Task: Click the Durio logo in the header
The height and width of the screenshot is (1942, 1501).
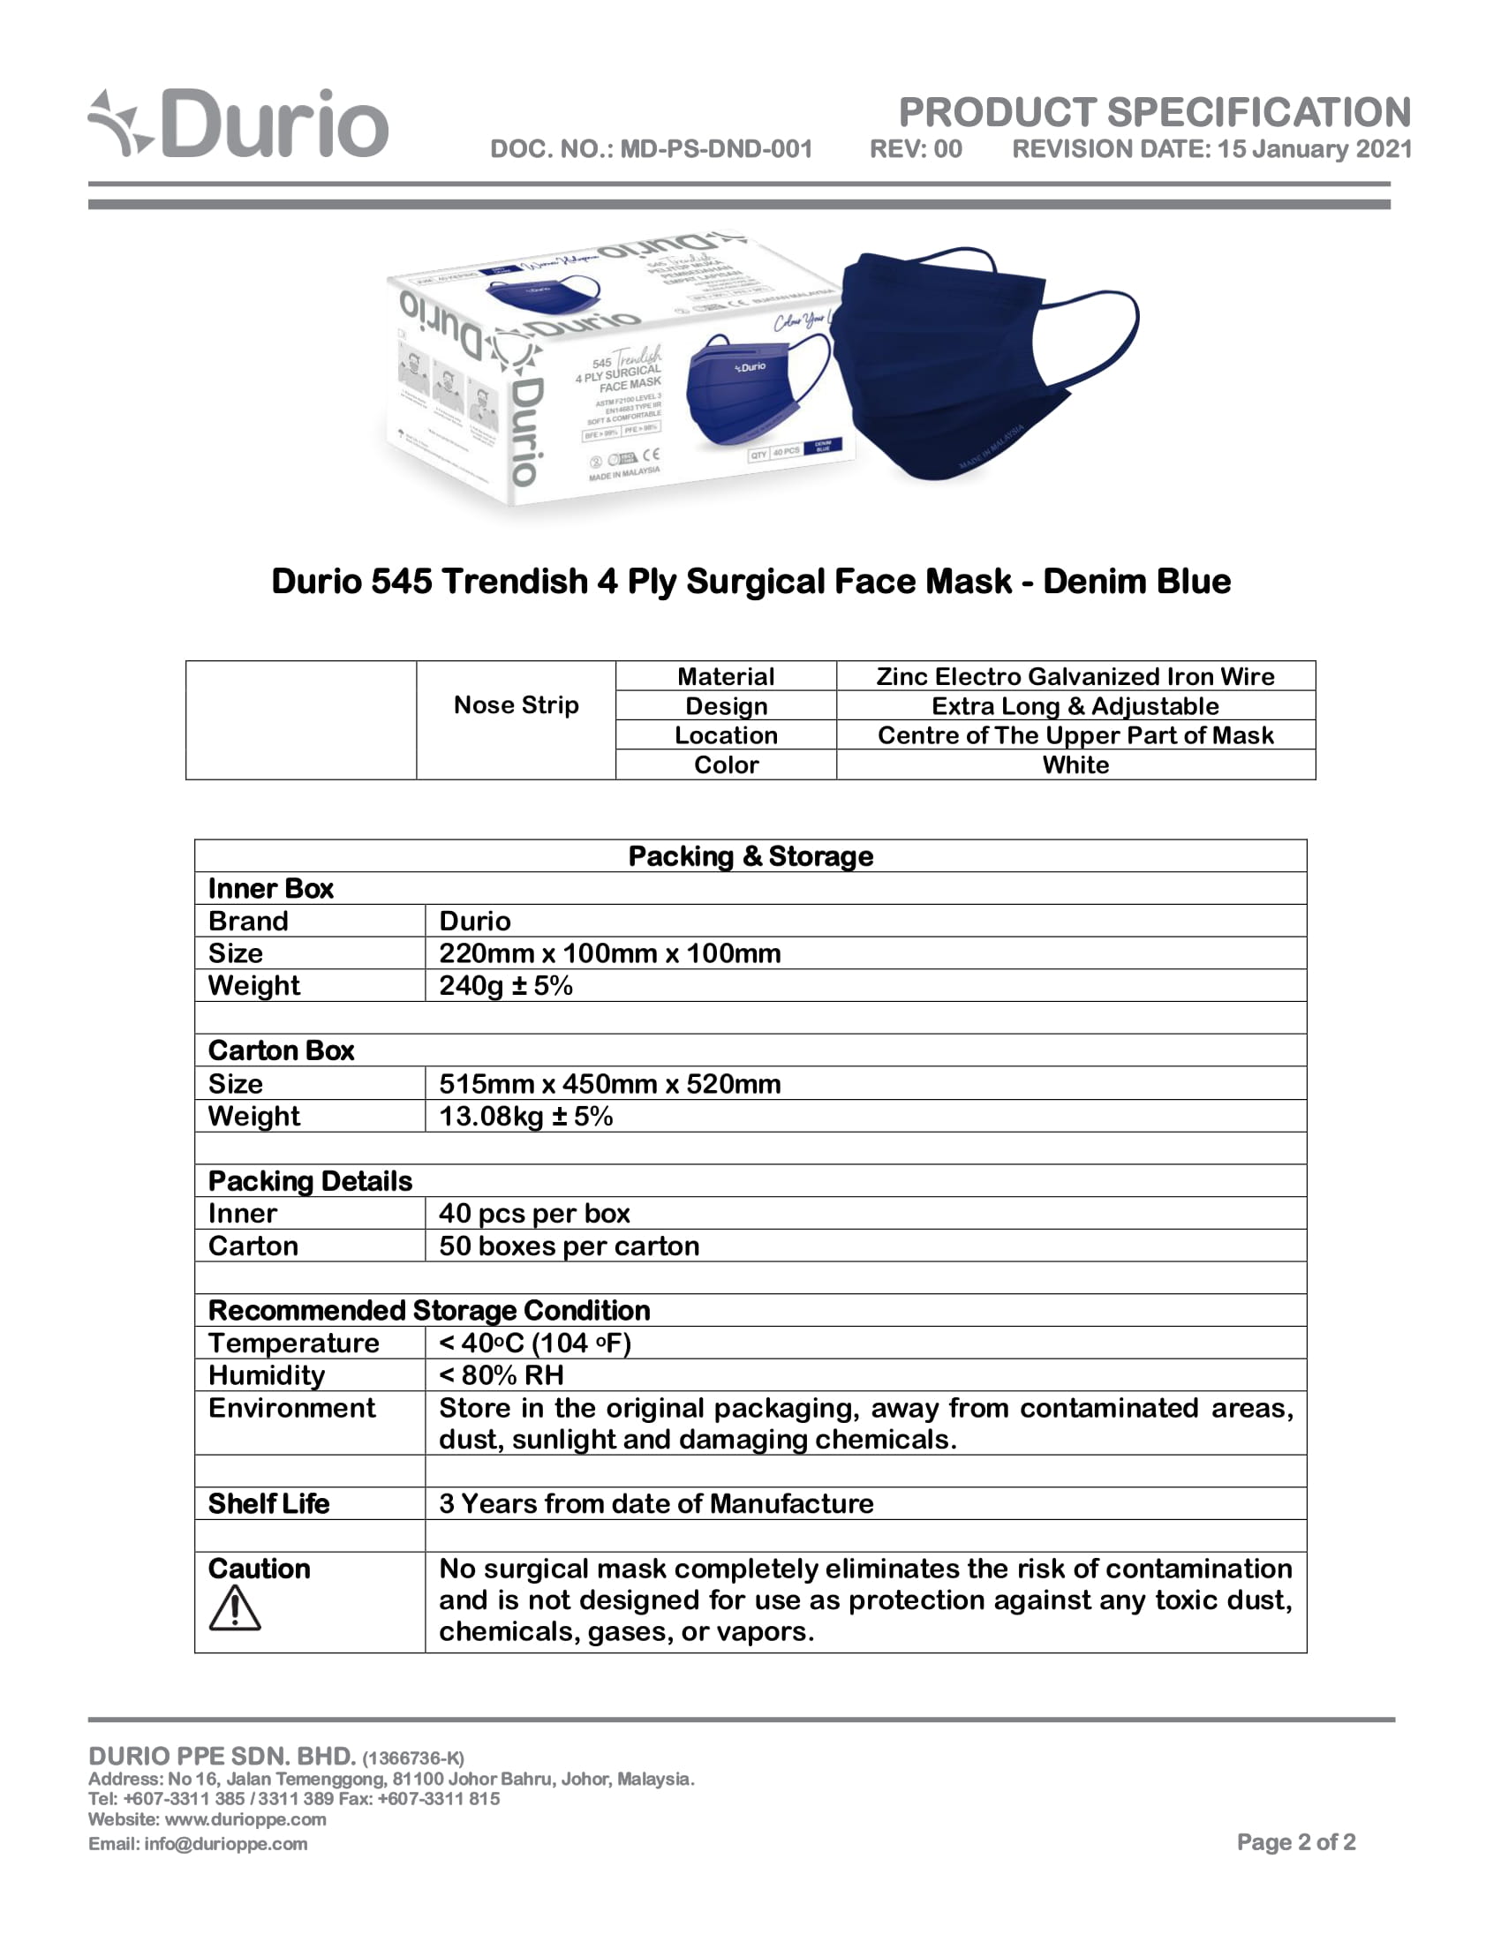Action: [238, 124]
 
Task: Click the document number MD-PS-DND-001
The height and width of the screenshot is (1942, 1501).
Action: [716, 148]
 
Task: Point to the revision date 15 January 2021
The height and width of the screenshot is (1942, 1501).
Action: [1315, 148]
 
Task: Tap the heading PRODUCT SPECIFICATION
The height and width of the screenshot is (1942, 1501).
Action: [1154, 113]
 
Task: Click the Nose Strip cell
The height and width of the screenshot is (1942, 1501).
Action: [516, 705]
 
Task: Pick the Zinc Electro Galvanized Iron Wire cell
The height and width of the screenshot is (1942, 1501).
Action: [1075, 677]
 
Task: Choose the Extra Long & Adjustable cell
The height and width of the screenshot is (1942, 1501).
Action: [1075, 706]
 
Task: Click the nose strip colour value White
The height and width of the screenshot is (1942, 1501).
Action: [1075, 764]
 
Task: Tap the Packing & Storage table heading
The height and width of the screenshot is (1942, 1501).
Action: [750, 856]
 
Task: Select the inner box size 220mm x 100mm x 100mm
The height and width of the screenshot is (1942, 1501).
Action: [610, 953]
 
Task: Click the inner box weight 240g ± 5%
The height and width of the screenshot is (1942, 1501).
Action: [506, 985]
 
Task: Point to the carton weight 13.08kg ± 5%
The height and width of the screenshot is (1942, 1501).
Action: [525, 1116]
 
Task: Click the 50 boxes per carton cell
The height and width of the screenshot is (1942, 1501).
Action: [569, 1246]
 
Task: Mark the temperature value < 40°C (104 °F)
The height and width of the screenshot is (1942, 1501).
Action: [535, 1343]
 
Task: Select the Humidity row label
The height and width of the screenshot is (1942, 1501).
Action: [267, 1375]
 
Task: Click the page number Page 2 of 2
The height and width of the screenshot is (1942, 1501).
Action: [1295, 1841]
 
